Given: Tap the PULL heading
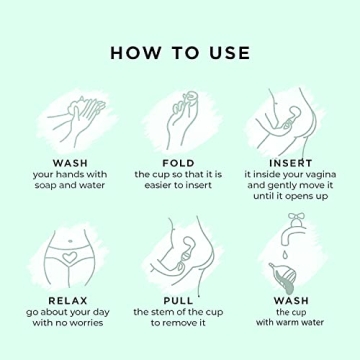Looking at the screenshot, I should click(x=178, y=299).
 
